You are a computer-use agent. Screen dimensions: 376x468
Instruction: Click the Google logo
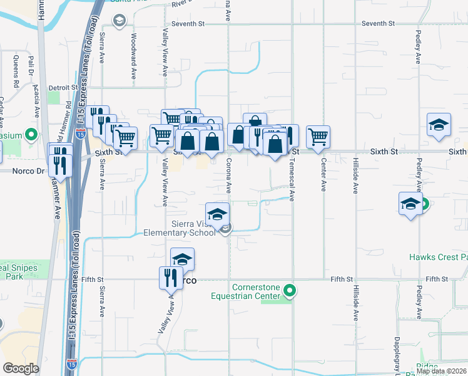(21, 368)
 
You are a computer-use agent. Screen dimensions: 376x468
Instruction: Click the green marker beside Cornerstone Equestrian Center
(289, 291)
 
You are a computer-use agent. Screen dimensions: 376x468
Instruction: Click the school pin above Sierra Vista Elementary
(217, 214)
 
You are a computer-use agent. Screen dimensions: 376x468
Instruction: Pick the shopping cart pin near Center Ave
(318, 137)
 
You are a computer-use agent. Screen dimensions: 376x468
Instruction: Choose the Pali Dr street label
(30, 66)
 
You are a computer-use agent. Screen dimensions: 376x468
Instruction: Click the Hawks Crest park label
(438, 257)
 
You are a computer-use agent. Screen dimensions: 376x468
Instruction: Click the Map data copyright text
(442, 371)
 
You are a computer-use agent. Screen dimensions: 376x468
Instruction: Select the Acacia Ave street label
(37, 103)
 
